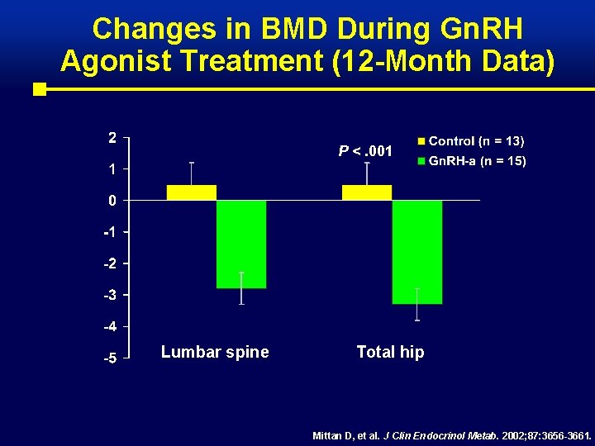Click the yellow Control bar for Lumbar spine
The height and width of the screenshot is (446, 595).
[191, 192]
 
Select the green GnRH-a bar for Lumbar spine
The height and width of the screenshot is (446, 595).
[241, 244]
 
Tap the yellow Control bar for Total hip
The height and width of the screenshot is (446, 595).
[367, 192]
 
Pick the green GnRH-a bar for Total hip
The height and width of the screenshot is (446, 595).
[417, 252]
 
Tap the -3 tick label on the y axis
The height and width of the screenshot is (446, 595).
[110, 295]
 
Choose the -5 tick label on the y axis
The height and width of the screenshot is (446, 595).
[110, 358]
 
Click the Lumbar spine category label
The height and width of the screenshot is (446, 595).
[215, 352]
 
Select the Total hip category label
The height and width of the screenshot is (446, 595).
[390, 352]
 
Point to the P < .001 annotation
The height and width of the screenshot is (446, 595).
[365, 151]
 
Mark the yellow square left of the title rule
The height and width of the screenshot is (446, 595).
[39, 89]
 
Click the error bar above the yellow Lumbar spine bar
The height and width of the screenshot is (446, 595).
[192, 173]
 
